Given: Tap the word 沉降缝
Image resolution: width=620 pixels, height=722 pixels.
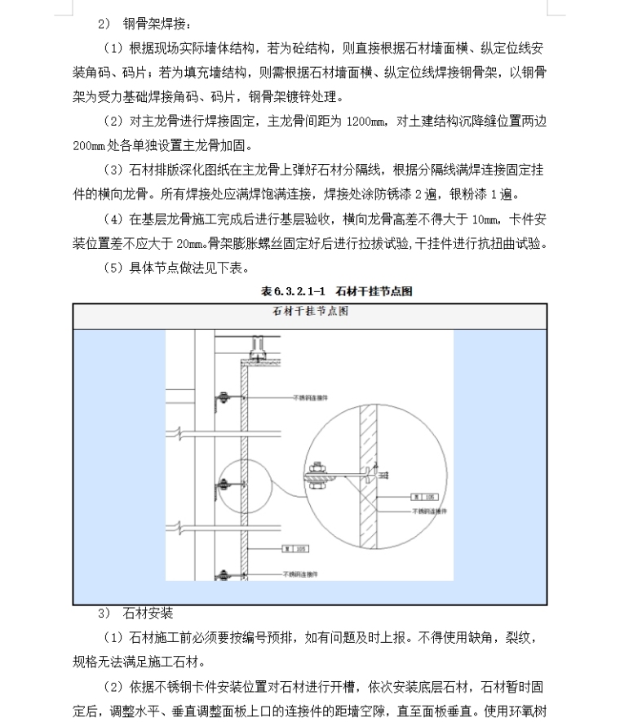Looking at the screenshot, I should [x=472, y=122].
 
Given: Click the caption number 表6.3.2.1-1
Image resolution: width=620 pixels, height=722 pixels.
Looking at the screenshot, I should [x=294, y=291].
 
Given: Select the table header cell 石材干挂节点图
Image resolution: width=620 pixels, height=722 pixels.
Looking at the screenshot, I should [x=309, y=312].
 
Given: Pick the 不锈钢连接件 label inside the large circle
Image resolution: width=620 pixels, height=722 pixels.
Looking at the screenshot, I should [x=436, y=513].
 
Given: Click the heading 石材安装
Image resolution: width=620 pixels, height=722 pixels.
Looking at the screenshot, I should [x=148, y=613].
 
